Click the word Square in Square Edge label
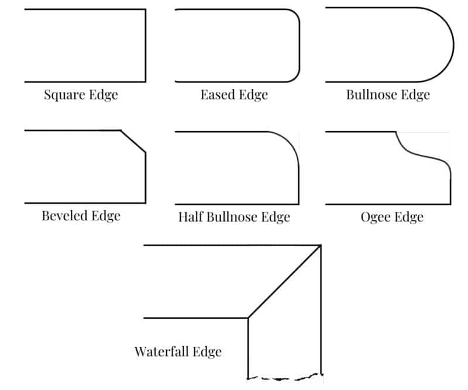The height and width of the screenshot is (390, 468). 64,94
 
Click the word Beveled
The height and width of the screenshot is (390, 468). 64,216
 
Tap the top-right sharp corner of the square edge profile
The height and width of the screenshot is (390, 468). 145,10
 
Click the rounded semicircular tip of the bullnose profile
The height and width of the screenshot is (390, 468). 453,44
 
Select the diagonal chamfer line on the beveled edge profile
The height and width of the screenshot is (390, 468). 133,141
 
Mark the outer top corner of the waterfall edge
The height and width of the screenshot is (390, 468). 321,246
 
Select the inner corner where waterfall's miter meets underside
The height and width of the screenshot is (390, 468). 249,318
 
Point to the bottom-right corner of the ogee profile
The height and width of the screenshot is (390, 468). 450,203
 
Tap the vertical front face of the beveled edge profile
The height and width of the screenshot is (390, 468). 145,178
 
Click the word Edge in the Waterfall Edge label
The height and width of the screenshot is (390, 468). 208,352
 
